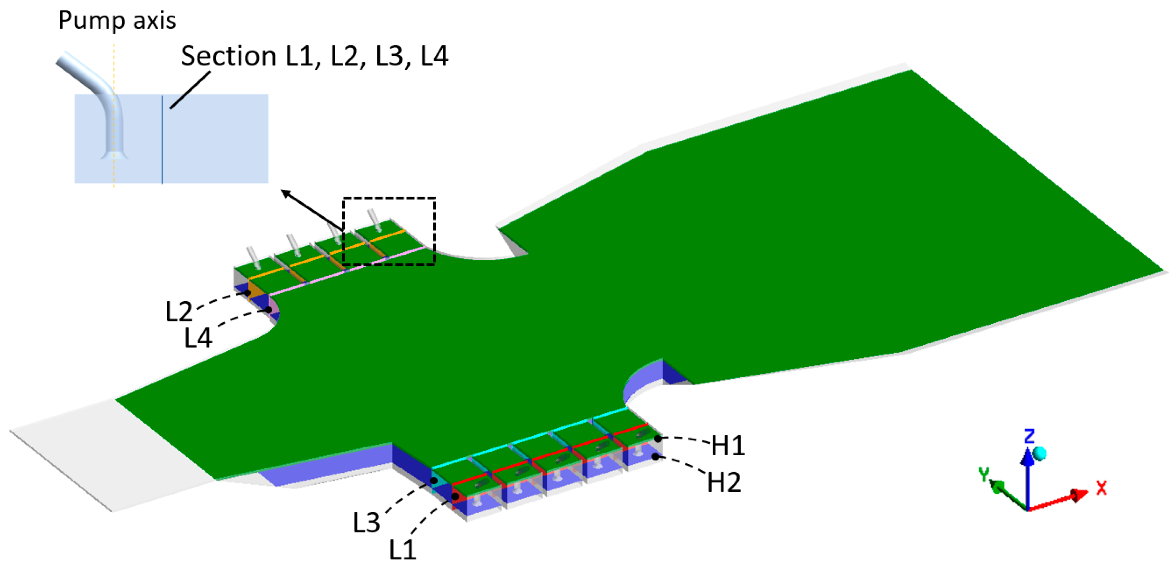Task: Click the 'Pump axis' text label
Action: point(117,21)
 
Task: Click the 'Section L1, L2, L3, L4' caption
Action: point(315,56)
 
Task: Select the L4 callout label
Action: point(198,338)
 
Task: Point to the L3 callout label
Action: point(366,523)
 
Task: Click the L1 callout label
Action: point(402,550)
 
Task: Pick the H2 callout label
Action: point(724,482)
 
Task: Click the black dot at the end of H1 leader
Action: point(658,439)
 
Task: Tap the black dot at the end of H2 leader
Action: point(656,456)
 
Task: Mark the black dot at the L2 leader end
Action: point(247,293)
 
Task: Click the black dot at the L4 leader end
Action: point(269,310)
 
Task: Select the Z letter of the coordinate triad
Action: point(1029,436)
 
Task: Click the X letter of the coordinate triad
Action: point(1102,488)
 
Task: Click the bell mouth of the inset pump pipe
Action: point(114,155)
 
